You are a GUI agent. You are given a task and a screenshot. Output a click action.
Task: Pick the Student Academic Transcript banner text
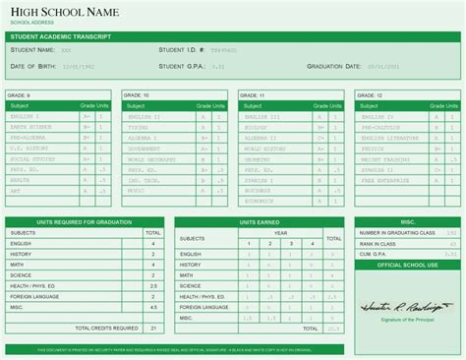click(x=59, y=35)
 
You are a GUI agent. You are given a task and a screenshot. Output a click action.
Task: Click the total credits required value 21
click(x=152, y=328)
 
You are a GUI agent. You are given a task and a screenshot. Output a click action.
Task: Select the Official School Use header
click(x=405, y=266)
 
